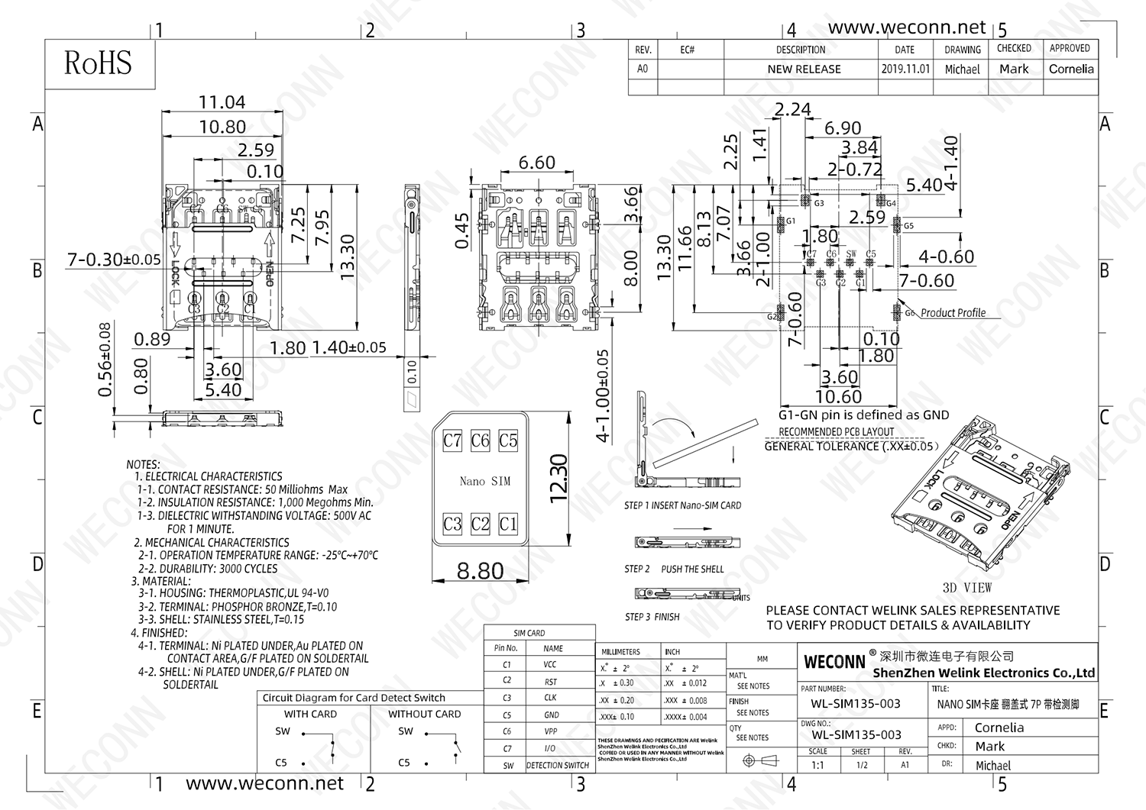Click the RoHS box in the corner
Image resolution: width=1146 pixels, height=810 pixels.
click(x=99, y=63)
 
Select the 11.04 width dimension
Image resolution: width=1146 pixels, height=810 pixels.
click(x=222, y=102)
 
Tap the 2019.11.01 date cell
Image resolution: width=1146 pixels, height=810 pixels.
click(x=905, y=69)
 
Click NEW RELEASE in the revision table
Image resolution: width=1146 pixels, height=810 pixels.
click(x=804, y=69)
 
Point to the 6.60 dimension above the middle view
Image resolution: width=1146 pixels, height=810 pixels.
click(x=536, y=163)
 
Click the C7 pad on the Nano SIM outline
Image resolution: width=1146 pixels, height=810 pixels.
click(x=452, y=440)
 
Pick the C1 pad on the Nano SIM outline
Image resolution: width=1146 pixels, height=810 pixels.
click(x=508, y=524)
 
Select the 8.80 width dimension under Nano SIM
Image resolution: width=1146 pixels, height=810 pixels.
click(x=480, y=571)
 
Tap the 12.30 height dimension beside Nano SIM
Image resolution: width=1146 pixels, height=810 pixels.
click(x=558, y=478)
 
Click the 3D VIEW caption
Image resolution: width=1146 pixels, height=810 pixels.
click(x=966, y=588)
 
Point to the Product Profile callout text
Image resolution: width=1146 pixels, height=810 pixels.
click(x=953, y=313)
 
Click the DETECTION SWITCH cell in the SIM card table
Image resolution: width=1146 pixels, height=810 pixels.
click(x=558, y=765)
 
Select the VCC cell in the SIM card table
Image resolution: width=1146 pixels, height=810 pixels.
click(x=549, y=665)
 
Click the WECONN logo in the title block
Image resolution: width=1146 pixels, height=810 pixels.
click(x=834, y=661)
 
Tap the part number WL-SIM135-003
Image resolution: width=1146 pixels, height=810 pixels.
click(x=856, y=704)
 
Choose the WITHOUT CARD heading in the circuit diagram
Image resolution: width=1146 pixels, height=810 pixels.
click(x=424, y=715)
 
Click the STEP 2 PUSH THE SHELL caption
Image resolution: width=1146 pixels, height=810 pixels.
click(x=673, y=569)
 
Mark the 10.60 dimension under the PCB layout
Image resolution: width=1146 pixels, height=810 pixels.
click(x=838, y=397)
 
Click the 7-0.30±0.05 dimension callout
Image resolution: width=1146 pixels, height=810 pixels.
click(x=114, y=260)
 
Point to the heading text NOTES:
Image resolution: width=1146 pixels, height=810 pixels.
click(x=143, y=464)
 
